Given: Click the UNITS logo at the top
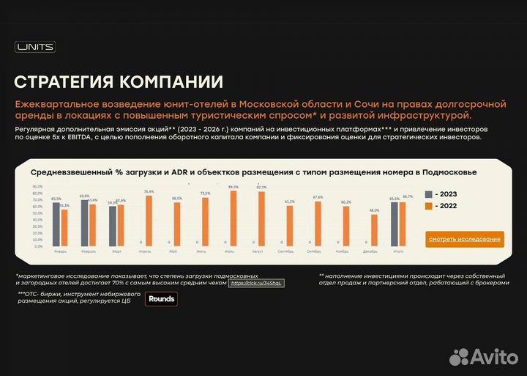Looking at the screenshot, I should pyautogui.click(x=35, y=48).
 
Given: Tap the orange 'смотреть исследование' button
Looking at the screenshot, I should pyautogui.click(x=465, y=239).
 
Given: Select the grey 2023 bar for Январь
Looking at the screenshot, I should pyautogui.click(x=56, y=224).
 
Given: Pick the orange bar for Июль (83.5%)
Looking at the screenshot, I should pyautogui.click(x=233, y=218).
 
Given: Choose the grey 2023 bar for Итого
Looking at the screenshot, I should pyautogui.click(x=395, y=224).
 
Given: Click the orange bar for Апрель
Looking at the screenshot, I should pyautogui.click(x=149, y=221).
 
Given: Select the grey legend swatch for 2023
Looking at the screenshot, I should pyautogui.click(x=430, y=194).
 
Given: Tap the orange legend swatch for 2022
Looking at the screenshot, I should pyautogui.click(x=430, y=206).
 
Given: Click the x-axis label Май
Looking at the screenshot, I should pyautogui.click(x=173, y=252).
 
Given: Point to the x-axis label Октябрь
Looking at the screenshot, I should pyautogui.click(x=314, y=252).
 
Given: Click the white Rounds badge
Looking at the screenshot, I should pyautogui.click(x=161, y=298).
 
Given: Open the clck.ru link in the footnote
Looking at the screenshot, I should pyautogui.click(x=255, y=283).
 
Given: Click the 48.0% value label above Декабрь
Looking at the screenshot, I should pyautogui.click(x=374, y=210).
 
